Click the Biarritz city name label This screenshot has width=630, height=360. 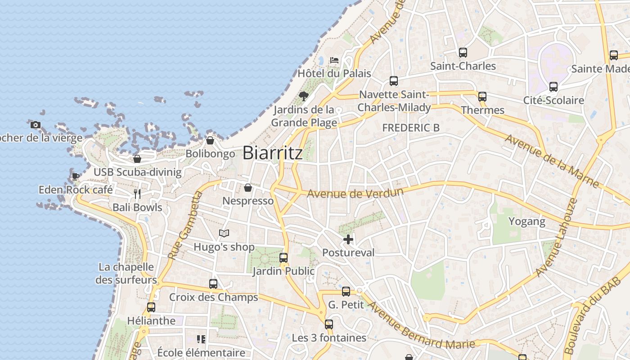[273, 153]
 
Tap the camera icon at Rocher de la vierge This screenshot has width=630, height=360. [36, 125]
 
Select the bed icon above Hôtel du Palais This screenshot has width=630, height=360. [334, 60]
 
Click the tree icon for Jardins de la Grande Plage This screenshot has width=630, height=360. [304, 96]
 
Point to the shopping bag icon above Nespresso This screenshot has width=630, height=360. [248, 188]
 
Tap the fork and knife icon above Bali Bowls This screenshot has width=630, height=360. [137, 194]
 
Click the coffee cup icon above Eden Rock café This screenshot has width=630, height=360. [75, 176]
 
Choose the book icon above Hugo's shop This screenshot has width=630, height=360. [224, 233]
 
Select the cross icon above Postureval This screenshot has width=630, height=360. [348, 239]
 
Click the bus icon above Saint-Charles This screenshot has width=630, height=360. [463, 53]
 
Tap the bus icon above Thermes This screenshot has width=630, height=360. [482, 96]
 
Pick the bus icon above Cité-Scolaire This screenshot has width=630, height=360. [553, 87]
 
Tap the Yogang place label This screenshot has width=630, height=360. [526, 221]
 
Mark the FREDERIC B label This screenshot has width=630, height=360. [411, 128]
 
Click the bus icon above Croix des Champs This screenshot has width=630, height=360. [213, 284]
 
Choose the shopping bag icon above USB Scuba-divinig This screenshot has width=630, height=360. [137, 159]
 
